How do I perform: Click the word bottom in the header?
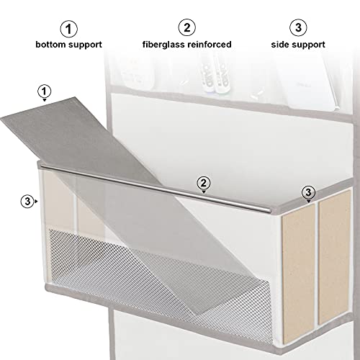pos(52,45)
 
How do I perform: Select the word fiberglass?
pos(163,45)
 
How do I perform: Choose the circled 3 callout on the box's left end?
pos(27,202)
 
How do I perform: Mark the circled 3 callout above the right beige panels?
pos(308,192)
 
